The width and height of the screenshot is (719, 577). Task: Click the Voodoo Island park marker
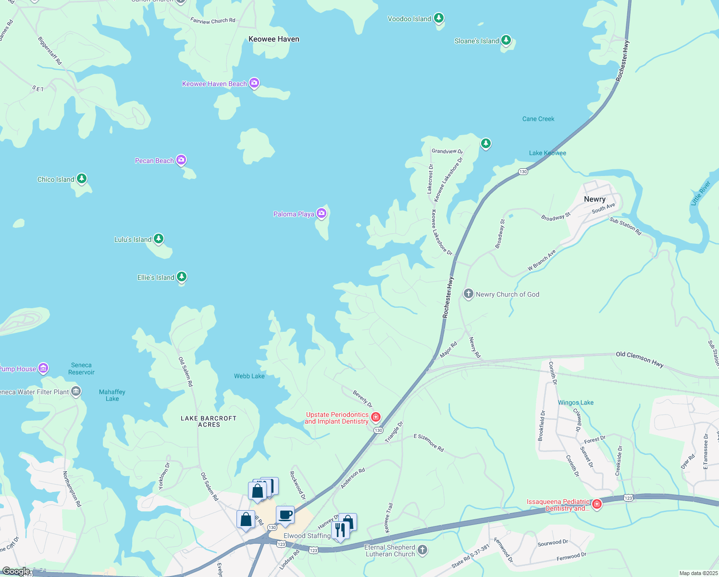pyautogui.click(x=438, y=18)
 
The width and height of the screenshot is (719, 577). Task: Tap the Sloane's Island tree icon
pyautogui.click(x=506, y=40)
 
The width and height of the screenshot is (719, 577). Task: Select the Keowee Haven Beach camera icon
pyautogui.click(x=254, y=83)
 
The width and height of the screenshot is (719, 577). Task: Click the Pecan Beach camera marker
pyautogui.click(x=181, y=160)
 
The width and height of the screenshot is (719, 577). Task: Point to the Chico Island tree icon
pyautogui.click(x=82, y=179)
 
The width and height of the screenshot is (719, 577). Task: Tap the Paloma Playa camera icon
pyautogui.click(x=322, y=213)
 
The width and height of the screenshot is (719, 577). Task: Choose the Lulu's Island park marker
pyautogui.click(x=158, y=238)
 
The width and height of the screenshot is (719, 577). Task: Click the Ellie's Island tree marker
pyautogui.click(x=181, y=276)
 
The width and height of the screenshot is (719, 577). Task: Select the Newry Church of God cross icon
pyautogui.click(x=469, y=294)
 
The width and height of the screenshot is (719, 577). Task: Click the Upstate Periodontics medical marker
pyautogui.click(x=376, y=416)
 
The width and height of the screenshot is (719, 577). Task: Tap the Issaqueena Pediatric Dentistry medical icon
pyautogui.click(x=596, y=504)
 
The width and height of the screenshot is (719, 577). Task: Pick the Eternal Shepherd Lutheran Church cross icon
pyautogui.click(x=422, y=550)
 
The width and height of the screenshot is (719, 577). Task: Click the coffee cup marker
pyautogui.click(x=285, y=515)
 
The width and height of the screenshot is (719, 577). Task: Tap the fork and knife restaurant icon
pyautogui.click(x=340, y=529)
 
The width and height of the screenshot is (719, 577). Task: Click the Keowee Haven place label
pyautogui.click(x=274, y=39)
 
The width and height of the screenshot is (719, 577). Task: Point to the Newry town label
pyautogui.click(x=595, y=199)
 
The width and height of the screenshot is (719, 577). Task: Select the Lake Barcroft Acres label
pyautogui.click(x=209, y=421)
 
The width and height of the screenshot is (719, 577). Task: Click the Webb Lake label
pyautogui.click(x=249, y=376)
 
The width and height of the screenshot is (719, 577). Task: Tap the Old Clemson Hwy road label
pyautogui.click(x=640, y=359)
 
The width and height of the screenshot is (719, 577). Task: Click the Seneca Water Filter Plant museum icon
pyautogui.click(x=76, y=391)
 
